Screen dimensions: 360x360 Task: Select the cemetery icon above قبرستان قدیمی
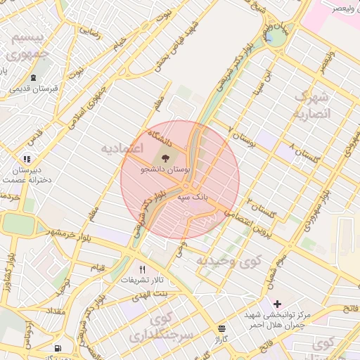[34, 77]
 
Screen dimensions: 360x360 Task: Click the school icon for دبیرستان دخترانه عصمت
[27, 159]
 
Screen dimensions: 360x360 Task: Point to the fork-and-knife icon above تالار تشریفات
[143, 269]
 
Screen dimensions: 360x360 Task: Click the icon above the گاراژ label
[222, 328]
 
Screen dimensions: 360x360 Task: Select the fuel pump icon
[57, 348]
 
